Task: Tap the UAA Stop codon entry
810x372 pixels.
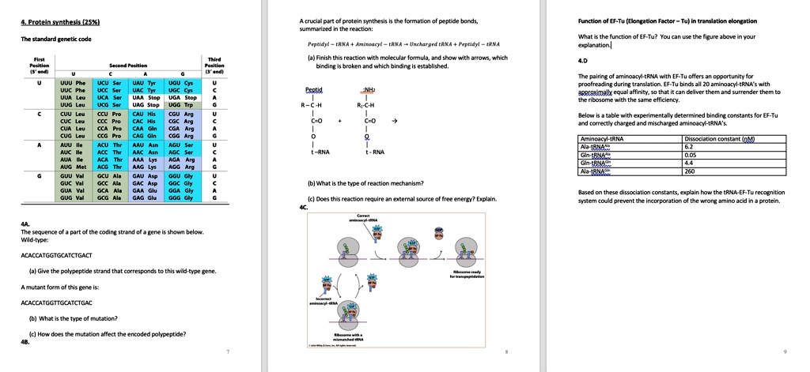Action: coord(148,97)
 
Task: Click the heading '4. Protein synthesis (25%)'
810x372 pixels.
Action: coord(55,21)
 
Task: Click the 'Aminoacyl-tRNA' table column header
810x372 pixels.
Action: coord(601,139)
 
